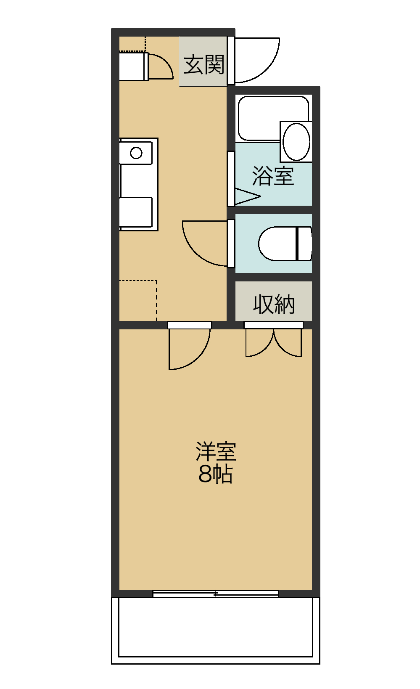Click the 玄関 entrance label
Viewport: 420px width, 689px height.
[x=204, y=65]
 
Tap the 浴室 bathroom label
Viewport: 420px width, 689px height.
[x=273, y=176]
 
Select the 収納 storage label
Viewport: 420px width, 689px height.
[x=274, y=305]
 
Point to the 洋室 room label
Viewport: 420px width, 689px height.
[x=216, y=451]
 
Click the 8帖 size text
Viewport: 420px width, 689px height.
[x=215, y=474]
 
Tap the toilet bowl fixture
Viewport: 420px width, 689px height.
[x=277, y=244]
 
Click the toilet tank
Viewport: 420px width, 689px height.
[x=305, y=244]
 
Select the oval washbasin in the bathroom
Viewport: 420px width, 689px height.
[x=296, y=142]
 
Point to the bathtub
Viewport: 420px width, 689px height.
[x=273, y=119]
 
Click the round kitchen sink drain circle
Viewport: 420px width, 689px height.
[x=136, y=153]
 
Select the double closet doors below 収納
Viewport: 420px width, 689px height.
[x=273, y=343]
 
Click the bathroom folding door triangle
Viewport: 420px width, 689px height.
[x=248, y=196]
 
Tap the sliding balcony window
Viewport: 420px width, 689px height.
[x=216, y=594]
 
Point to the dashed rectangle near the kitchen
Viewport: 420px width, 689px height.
[x=138, y=300]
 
